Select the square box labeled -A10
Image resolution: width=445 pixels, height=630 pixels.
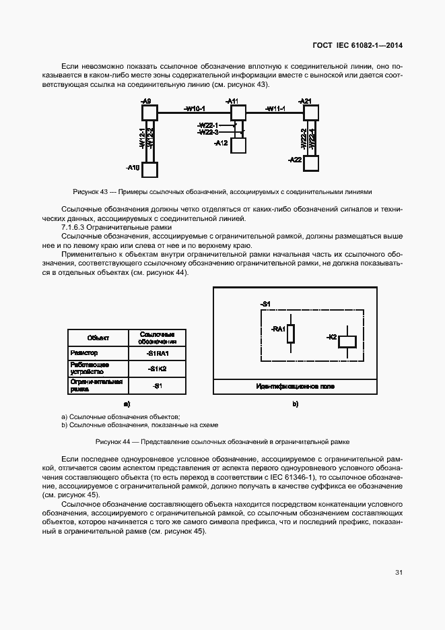coord(149,170)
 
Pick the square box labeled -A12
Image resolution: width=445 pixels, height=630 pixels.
coord(238,145)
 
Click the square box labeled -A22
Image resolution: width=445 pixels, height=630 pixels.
coord(310,163)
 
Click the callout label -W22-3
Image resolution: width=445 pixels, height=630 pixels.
coord(207,132)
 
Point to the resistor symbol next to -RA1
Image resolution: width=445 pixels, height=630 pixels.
coord(291,333)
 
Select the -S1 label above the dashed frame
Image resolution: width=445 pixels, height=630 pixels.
coord(265,305)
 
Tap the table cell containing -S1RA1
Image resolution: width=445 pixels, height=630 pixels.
coord(157,353)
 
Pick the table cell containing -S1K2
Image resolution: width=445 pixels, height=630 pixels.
coord(157,369)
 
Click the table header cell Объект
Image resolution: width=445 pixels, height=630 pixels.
coord(98,338)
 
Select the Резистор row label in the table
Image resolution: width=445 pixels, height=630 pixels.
coord(84,353)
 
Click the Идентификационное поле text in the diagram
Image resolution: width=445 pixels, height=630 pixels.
coord(294,387)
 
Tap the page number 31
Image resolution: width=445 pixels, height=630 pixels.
coord(399,573)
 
